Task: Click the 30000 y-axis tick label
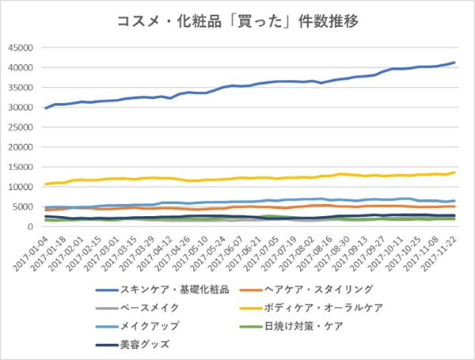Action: (x=17, y=107)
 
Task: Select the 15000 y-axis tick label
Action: (x=17, y=167)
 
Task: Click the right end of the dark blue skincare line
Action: (x=454, y=63)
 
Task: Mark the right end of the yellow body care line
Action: (x=454, y=172)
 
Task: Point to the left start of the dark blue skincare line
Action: (x=45, y=108)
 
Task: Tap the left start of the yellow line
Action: (x=45, y=184)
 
